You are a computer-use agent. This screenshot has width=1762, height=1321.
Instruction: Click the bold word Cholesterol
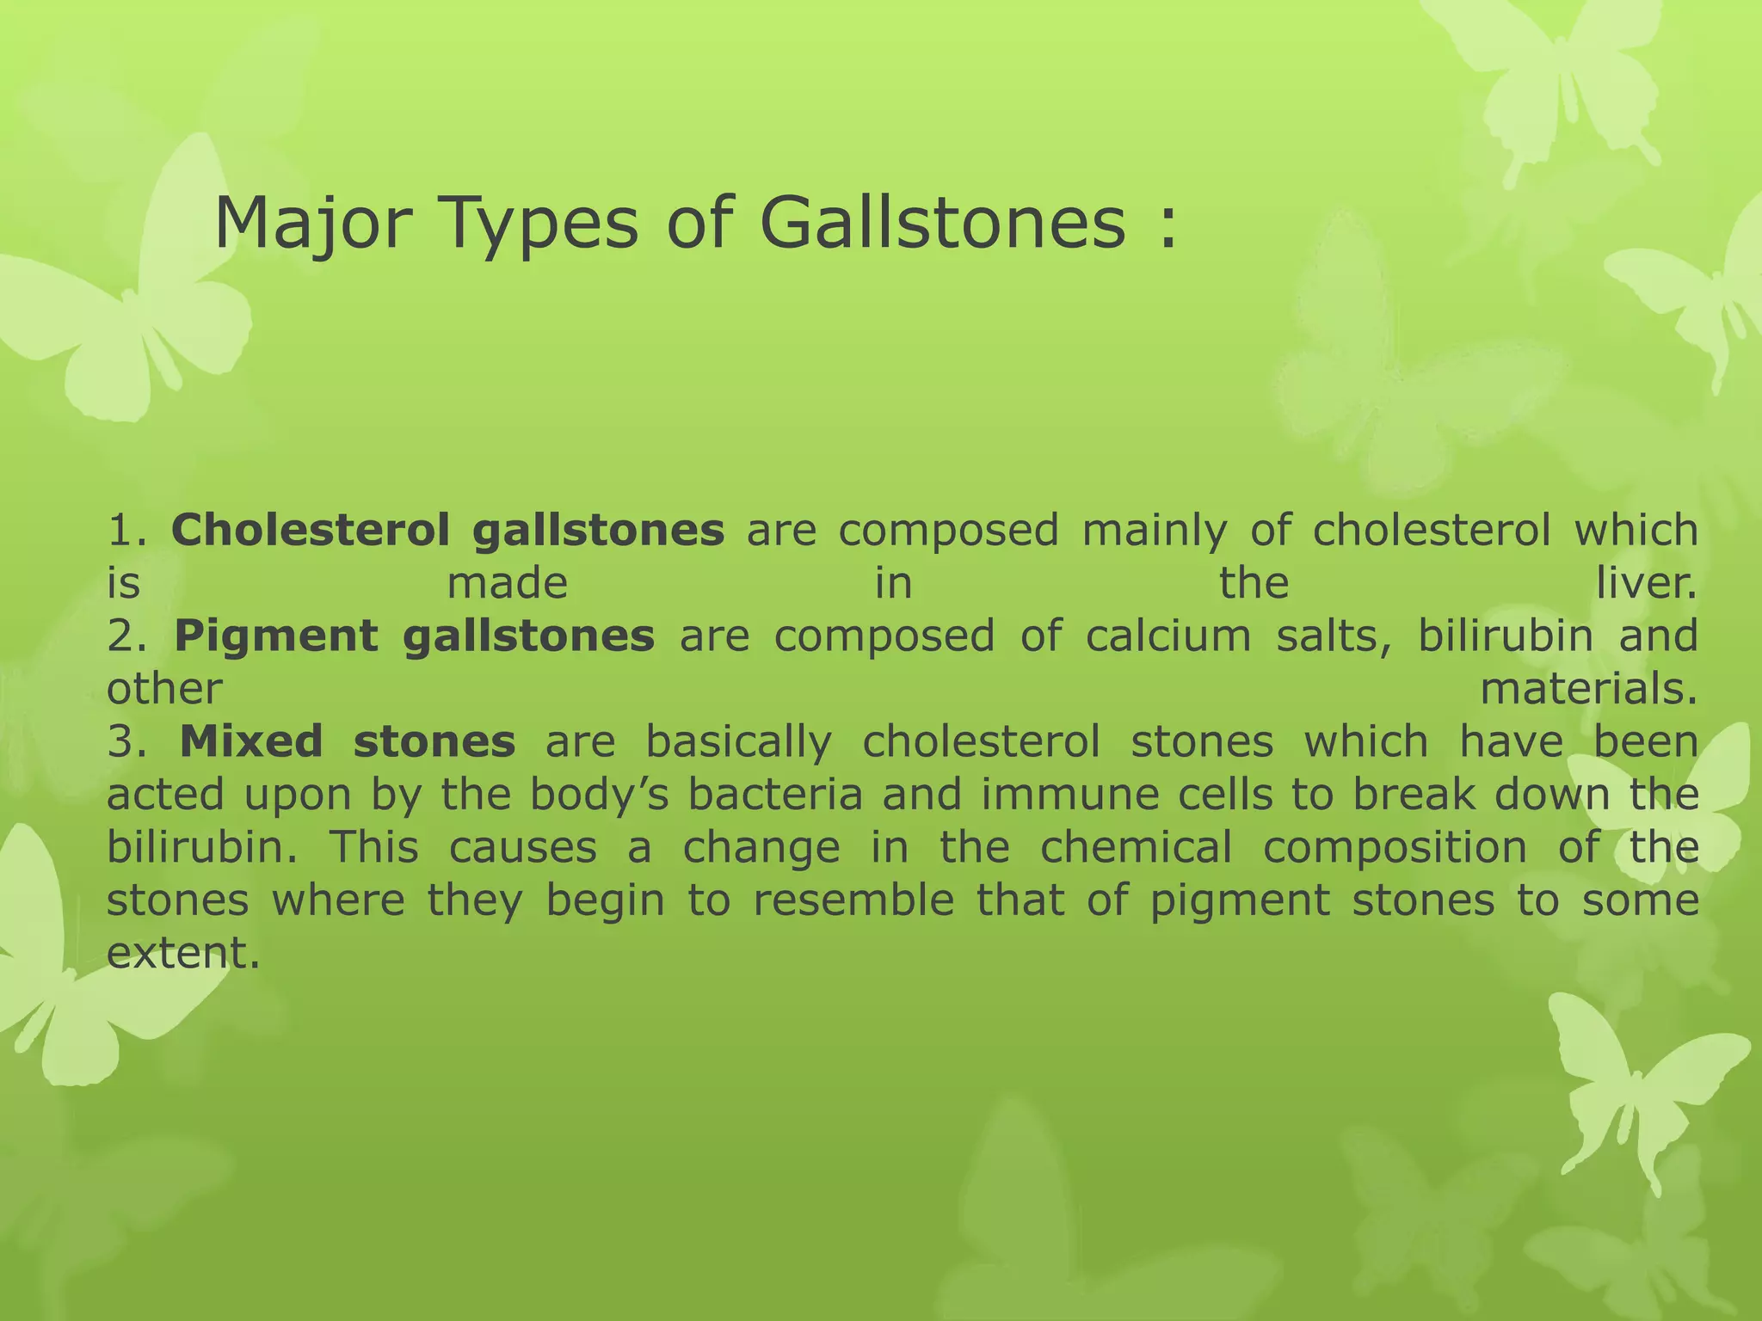click(x=310, y=531)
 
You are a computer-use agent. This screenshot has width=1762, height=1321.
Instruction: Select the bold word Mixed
click(x=251, y=742)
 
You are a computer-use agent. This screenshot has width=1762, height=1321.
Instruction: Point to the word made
click(x=508, y=584)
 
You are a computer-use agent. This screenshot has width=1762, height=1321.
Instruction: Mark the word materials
click(x=1588, y=690)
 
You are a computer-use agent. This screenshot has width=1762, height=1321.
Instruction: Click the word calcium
click(x=1168, y=637)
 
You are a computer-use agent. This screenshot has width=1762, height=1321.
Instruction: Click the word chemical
click(x=1137, y=848)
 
